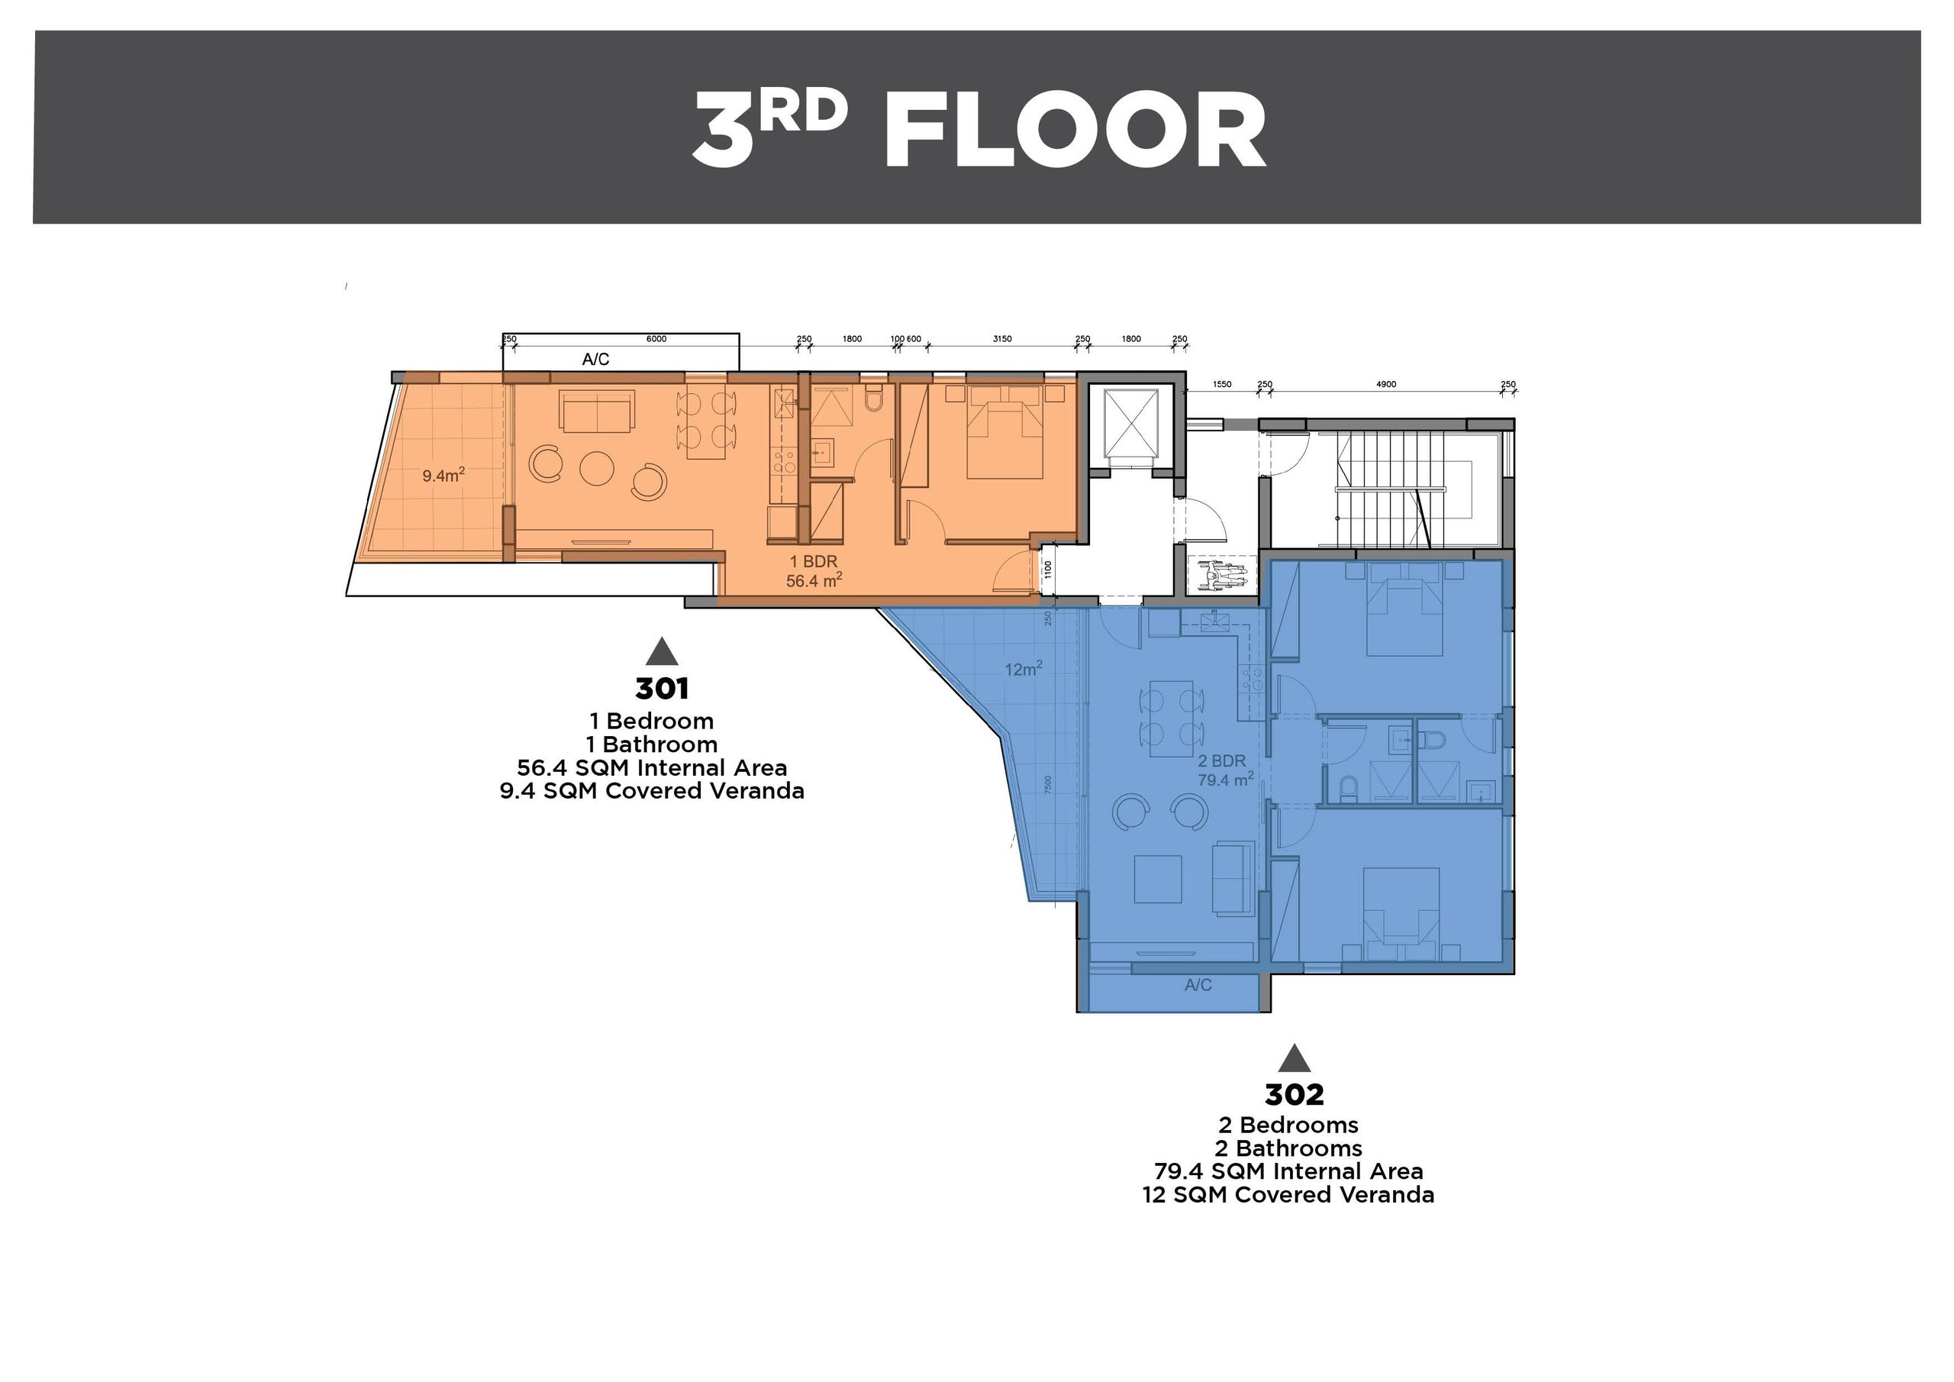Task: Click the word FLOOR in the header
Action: pyautogui.click(x=1074, y=131)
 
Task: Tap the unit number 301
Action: pyautogui.click(x=661, y=688)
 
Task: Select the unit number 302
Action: pyautogui.click(x=1294, y=1094)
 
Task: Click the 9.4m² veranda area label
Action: pyautogui.click(x=443, y=475)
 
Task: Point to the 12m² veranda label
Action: pyautogui.click(x=1023, y=670)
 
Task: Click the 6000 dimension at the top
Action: pyautogui.click(x=656, y=339)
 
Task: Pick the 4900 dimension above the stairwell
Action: pyautogui.click(x=1385, y=385)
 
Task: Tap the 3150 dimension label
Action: pyautogui.click(x=1002, y=339)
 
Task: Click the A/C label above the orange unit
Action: pyautogui.click(x=595, y=360)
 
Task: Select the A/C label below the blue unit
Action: pyautogui.click(x=1198, y=985)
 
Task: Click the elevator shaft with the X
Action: pyautogui.click(x=1130, y=422)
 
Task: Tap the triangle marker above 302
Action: pyautogui.click(x=1295, y=1057)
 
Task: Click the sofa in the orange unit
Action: pyautogui.click(x=597, y=412)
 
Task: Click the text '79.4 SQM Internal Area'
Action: pyautogui.click(x=1288, y=1172)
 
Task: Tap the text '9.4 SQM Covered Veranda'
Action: pyautogui.click(x=652, y=791)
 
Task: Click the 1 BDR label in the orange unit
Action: pyautogui.click(x=814, y=561)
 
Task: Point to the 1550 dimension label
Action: pyautogui.click(x=1221, y=385)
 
